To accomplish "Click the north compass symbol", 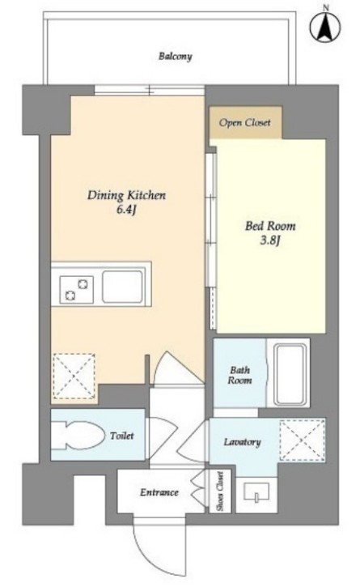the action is (x=325, y=25).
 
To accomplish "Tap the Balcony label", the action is (x=175, y=57).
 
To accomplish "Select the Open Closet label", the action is (x=245, y=123).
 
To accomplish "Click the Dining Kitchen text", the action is (x=126, y=195).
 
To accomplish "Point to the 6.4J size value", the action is (x=125, y=210).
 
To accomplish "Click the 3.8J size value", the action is (x=270, y=240).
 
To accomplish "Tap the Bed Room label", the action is (x=270, y=226).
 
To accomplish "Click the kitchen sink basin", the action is (x=122, y=287).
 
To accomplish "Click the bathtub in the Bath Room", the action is (x=290, y=374).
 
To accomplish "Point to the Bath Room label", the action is (x=240, y=375).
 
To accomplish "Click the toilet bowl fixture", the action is (x=78, y=436).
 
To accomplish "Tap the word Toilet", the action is (x=122, y=436).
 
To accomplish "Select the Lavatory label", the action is (x=242, y=442).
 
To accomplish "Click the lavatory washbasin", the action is (x=256, y=492).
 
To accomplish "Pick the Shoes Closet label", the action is (x=220, y=491).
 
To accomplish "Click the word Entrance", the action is (x=159, y=492).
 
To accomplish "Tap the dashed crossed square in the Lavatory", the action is (x=303, y=440).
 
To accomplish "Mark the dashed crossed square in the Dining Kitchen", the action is (x=74, y=376).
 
